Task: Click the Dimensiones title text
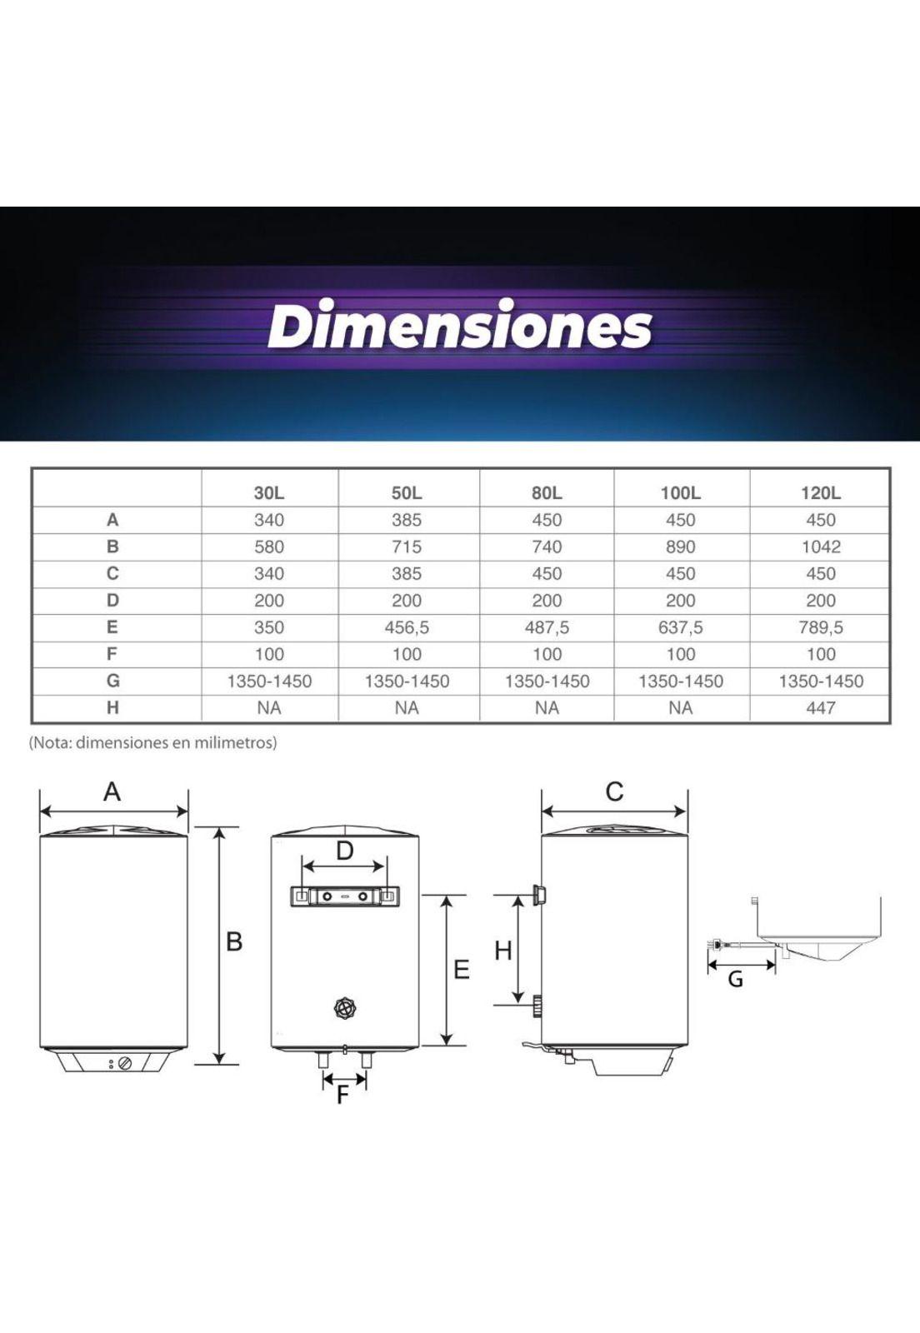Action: pos(459,326)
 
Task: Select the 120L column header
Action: pos(820,492)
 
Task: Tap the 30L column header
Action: pos(268,492)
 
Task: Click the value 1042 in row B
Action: pos(820,547)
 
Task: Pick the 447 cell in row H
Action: pos(820,707)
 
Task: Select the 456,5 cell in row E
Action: pos(407,627)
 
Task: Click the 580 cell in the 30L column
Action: pos(268,547)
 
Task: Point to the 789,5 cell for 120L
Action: pos(820,627)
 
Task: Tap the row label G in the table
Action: pos(112,681)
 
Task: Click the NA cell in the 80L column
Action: pos(547,707)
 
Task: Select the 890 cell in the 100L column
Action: pos(680,547)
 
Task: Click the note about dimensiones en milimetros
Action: pos(153,742)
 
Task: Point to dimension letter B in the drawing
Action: pos(234,941)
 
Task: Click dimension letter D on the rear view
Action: pos(344,851)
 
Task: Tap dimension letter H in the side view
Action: pos(502,951)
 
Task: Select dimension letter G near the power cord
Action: pos(735,980)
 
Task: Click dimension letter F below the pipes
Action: pos(342,1096)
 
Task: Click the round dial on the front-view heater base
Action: pos(125,1064)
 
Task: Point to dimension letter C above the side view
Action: pos(614,791)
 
